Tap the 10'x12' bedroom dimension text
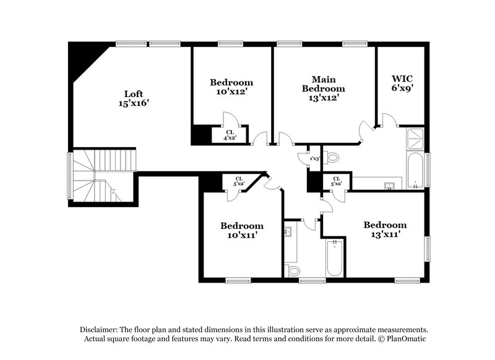231,92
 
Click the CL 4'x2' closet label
230,135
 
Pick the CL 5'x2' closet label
238,181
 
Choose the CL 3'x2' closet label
336,181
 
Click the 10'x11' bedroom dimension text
242,236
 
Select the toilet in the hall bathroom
293,270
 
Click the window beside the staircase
70,176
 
